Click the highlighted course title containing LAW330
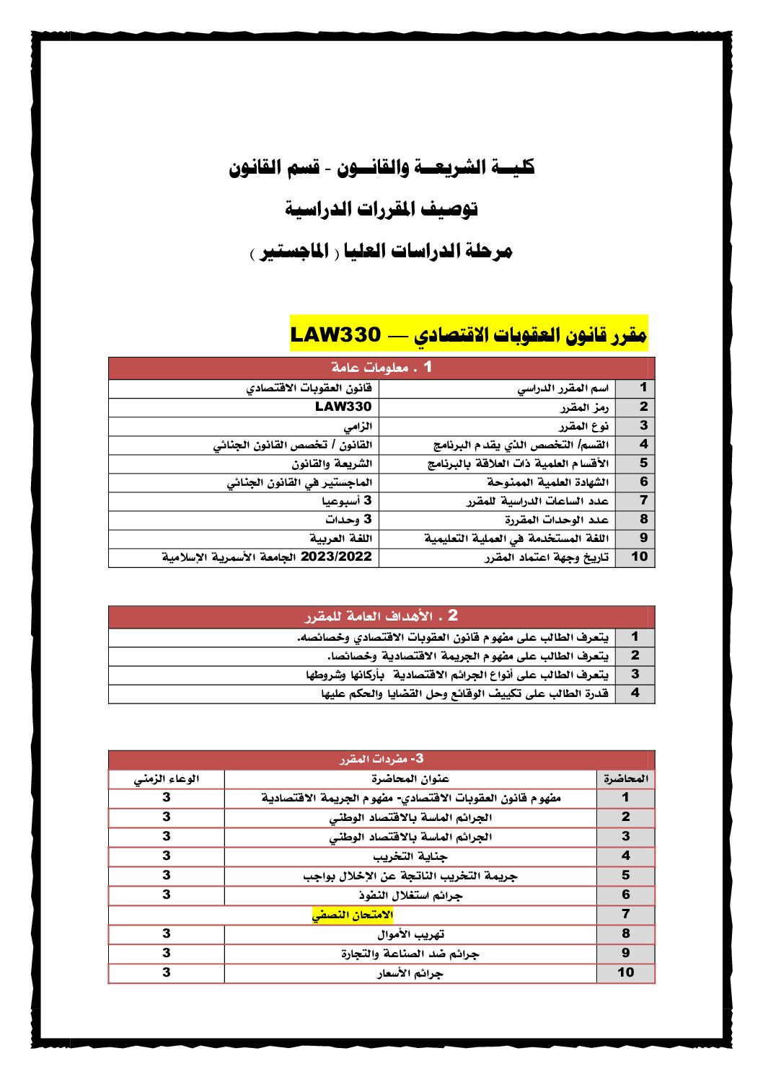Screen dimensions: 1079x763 (469, 334)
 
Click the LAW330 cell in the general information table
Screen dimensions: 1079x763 (343, 407)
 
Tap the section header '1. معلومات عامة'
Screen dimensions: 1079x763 (381, 368)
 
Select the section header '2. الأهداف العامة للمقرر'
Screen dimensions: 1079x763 (381, 616)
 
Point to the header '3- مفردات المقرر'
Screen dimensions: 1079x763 (381, 759)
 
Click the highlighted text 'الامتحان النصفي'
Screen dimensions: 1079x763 (353, 915)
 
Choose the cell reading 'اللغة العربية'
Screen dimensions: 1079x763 (340, 538)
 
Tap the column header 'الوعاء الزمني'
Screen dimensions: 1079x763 (167, 778)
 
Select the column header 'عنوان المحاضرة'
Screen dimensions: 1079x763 (410, 778)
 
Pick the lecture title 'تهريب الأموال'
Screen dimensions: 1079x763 (410, 934)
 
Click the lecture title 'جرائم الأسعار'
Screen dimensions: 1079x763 (410, 973)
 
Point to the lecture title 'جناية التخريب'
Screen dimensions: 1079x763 (410, 856)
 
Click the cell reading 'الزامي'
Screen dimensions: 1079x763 (358, 426)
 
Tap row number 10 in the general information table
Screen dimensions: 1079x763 (639, 557)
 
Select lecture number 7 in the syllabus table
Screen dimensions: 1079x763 (625, 915)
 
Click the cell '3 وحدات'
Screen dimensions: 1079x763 (348, 519)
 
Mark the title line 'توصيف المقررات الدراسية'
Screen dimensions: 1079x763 (381, 210)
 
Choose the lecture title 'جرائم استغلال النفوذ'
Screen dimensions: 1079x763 (410, 895)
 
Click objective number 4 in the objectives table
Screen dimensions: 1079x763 (635, 693)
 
